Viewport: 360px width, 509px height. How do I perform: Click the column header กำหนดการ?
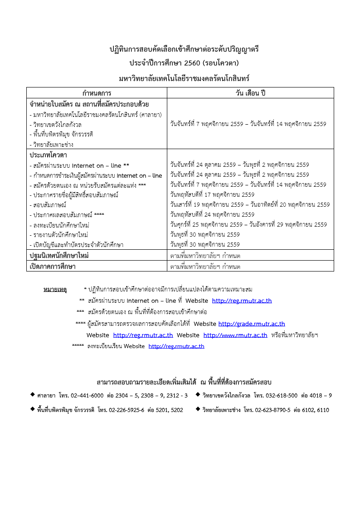[x=97, y=93]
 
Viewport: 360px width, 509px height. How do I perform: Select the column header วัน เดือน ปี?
[x=250, y=93]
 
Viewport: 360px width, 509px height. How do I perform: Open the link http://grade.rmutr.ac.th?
[x=252, y=324]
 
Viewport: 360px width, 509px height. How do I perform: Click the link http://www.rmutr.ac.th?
[x=235, y=335]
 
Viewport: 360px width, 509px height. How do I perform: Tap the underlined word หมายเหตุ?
[x=55, y=289]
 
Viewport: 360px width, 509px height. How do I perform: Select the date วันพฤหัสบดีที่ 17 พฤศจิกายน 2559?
[x=212, y=194]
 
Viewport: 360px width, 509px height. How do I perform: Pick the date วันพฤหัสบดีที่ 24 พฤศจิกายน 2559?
[x=212, y=214]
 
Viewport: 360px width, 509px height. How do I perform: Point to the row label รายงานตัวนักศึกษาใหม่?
[x=58, y=234]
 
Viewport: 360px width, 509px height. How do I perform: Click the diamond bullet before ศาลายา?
[x=33, y=395]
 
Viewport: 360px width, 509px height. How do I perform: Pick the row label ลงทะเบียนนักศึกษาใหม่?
[x=59, y=224]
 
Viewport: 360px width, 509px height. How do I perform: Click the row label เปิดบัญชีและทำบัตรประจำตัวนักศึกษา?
[x=77, y=244]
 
